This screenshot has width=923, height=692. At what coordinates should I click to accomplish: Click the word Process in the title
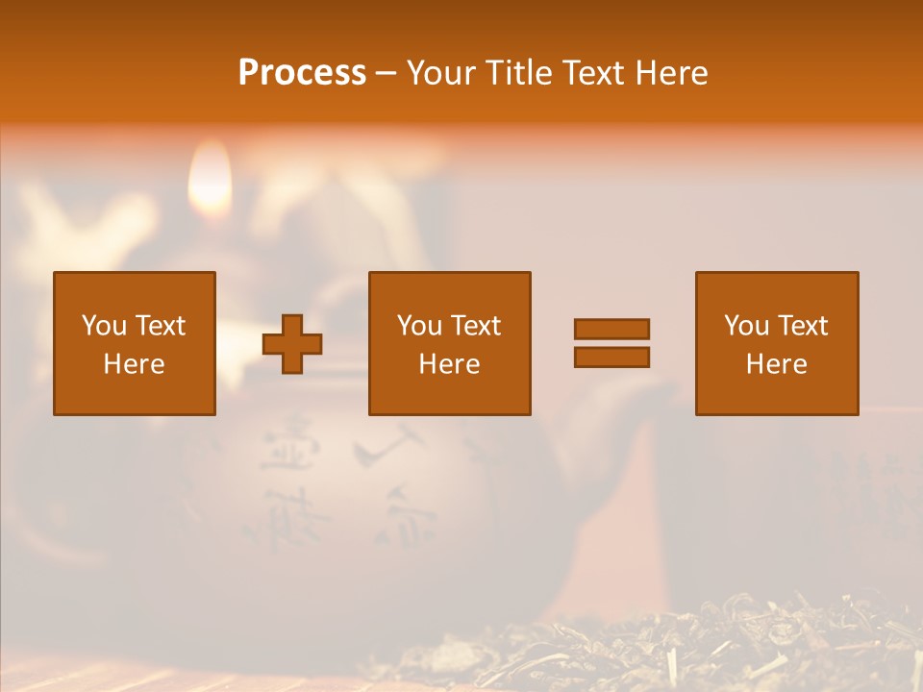(302, 73)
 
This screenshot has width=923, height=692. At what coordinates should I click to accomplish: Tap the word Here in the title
(669, 73)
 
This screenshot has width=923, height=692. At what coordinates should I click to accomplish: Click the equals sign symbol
(611, 343)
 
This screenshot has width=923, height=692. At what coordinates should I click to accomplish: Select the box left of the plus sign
(135, 343)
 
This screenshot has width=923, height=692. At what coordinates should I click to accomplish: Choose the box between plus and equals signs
(450, 343)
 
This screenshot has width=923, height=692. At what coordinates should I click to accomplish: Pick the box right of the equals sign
(777, 343)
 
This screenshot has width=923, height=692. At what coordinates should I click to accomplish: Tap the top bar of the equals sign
(611, 330)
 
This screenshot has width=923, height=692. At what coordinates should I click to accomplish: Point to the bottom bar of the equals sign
(611, 358)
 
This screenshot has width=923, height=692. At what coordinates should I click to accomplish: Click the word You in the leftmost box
(104, 326)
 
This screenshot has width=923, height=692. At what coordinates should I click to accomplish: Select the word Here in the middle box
(450, 364)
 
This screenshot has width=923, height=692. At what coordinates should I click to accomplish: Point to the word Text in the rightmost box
(802, 326)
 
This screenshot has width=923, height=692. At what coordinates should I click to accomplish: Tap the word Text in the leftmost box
(160, 326)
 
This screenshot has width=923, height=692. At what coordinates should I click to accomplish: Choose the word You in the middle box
(419, 326)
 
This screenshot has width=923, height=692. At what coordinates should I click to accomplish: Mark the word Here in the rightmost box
(777, 364)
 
